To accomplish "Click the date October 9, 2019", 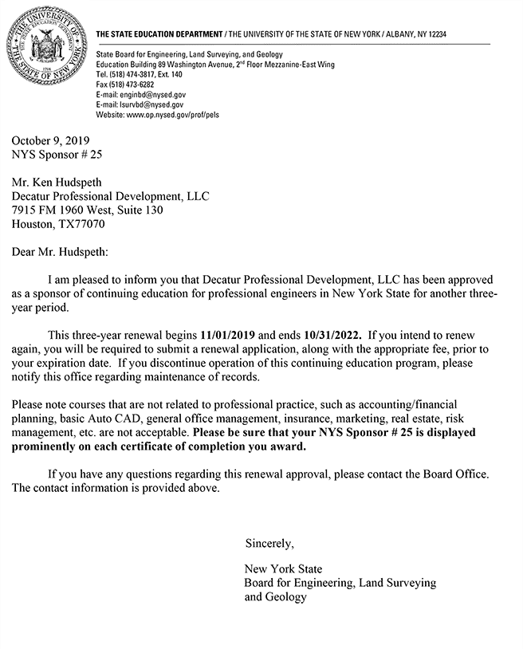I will coord(49,140).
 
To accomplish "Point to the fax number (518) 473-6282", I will coord(125,84).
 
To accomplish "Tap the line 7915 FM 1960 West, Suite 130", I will coord(88,210).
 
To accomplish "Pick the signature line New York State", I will coord(283,569).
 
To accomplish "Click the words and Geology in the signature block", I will coord(275,596).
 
